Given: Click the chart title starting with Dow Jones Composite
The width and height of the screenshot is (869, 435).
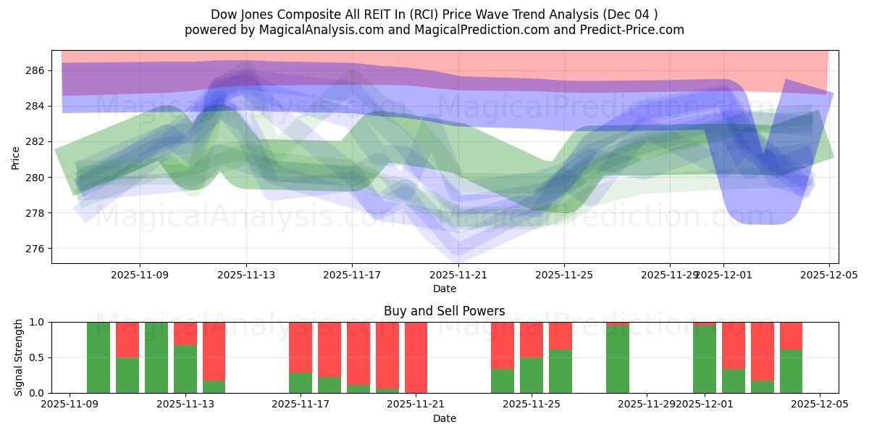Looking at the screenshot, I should [x=434, y=14].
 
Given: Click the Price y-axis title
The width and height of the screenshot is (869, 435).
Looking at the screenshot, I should [x=16, y=157].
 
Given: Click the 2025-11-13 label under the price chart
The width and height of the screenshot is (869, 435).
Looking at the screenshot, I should [x=246, y=275].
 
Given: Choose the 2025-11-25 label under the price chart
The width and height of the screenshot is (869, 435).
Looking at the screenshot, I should [x=564, y=275].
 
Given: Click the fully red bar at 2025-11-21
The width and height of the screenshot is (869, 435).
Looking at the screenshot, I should [x=416, y=357].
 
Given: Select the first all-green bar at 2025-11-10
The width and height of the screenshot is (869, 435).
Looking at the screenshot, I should [x=98, y=357].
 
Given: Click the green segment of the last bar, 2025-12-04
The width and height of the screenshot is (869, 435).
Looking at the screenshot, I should [x=791, y=371].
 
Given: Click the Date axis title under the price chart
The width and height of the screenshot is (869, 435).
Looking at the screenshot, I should [x=444, y=289].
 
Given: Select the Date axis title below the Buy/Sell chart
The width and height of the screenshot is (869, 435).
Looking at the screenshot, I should [x=444, y=418].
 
